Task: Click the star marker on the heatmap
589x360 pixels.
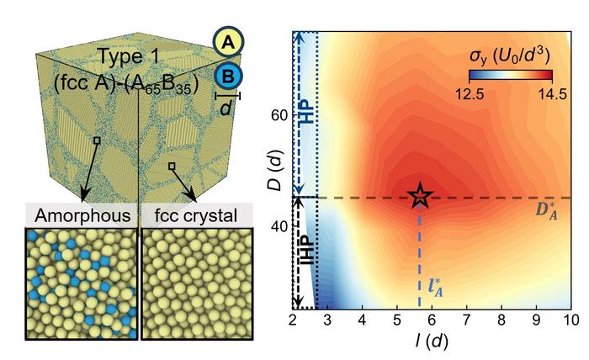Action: [421, 196]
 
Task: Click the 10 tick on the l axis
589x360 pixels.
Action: [569, 320]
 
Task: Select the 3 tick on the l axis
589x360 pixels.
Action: [327, 320]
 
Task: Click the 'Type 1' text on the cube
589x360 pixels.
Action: [126, 55]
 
